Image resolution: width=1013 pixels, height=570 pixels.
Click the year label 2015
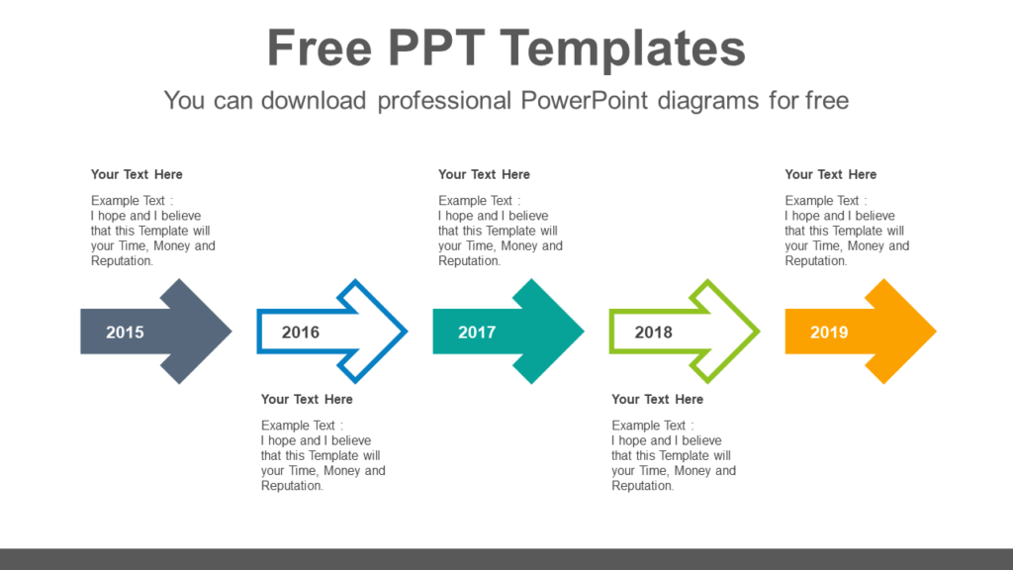point(125,332)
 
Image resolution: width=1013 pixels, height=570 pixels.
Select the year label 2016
point(301,332)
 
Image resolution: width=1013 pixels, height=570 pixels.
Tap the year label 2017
point(477,332)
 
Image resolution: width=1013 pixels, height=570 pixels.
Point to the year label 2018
point(653,332)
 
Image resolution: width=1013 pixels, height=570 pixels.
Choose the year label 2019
point(829,332)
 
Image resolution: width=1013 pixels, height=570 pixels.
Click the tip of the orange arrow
point(933,332)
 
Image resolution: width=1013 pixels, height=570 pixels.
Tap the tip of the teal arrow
point(582,332)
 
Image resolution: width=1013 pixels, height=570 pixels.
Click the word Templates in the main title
point(622,48)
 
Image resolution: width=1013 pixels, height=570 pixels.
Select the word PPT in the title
point(434,48)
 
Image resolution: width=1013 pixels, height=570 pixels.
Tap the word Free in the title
point(320,48)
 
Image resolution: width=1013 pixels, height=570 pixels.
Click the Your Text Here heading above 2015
point(137,174)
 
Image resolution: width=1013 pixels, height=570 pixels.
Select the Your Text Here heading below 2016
point(307,399)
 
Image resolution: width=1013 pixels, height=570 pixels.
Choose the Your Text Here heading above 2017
point(484,174)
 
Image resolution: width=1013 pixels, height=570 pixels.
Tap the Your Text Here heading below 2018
point(657,399)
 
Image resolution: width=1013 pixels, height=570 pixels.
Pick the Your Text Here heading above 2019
point(830,174)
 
